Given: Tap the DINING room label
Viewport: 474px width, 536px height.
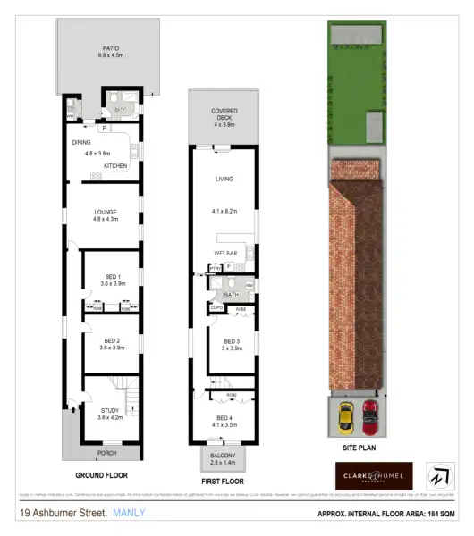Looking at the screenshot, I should [x=82, y=141].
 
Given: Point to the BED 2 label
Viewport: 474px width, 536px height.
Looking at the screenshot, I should [x=113, y=341].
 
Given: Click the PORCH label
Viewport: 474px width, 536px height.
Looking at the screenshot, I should [x=107, y=453].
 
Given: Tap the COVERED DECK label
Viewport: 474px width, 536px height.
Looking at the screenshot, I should [x=224, y=113].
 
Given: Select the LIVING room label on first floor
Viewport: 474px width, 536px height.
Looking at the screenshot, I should [x=224, y=179].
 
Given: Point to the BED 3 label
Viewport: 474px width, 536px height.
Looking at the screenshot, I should [x=232, y=341].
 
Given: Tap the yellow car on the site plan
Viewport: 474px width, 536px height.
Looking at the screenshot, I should [x=345, y=415].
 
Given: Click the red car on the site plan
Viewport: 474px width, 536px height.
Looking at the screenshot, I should [x=370, y=415].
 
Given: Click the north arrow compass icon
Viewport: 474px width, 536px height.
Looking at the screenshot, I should [x=441, y=474].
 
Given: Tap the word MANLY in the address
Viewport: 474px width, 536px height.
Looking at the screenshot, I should [x=128, y=513].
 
